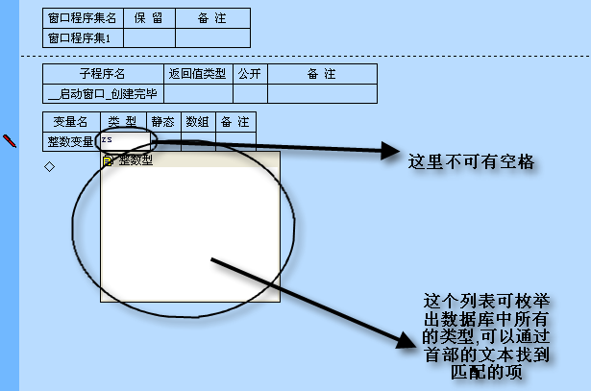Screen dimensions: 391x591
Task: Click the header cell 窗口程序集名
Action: click(84, 17)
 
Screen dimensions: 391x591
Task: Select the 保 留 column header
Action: click(149, 17)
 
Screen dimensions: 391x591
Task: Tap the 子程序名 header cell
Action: click(103, 74)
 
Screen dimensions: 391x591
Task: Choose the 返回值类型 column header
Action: click(198, 74)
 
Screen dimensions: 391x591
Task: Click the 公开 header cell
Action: click(249, 74)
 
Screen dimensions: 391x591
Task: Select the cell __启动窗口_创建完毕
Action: click(103, 93)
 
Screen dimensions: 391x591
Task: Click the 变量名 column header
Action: click(70, 122)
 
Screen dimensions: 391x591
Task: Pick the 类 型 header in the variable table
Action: click(122, 122)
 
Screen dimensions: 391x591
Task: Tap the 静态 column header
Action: click(163, 122)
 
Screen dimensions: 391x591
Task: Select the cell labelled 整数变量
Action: click(70, 141)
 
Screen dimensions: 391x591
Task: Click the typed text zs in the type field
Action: click(107, 140)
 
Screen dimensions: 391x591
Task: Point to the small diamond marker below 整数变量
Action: click(50, 167)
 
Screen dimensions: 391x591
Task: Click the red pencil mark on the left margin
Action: click(11, 140)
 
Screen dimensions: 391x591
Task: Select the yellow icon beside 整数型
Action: click(109, 160)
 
